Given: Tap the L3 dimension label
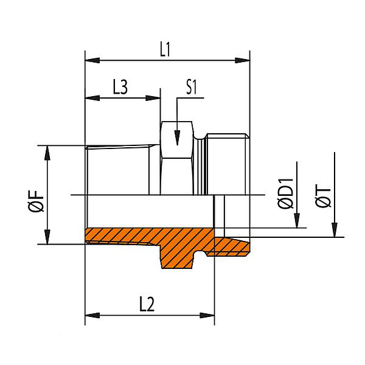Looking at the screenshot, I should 120,87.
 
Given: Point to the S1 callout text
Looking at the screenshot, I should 192,87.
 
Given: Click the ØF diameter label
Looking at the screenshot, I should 36,200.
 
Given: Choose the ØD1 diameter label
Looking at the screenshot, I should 285,194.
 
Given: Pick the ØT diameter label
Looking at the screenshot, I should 324,194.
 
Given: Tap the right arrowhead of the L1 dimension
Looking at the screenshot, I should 243,61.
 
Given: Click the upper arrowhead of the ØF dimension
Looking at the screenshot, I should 48,153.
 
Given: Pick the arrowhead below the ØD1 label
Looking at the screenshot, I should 296,221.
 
